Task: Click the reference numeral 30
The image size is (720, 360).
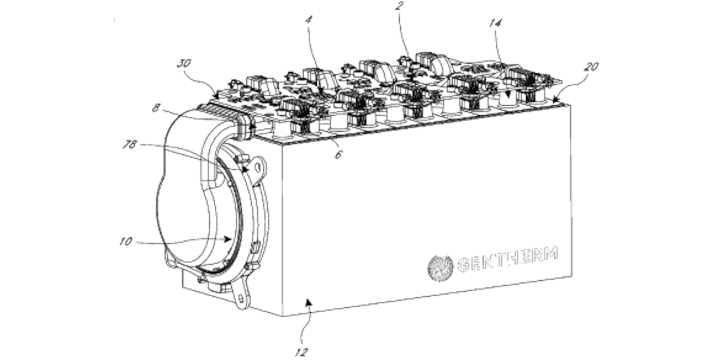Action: tap(185, 63)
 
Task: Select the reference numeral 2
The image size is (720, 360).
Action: tap(399, 6)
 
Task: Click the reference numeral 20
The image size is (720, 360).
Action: tap(591, 67)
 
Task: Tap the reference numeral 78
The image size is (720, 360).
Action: tap(131, 145)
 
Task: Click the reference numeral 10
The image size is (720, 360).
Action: tap(125, 241)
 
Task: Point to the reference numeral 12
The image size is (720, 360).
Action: tap(301, 353)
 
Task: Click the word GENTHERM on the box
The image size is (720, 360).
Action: tap(508, 260)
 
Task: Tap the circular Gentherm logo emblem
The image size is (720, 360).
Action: tap(440, 268)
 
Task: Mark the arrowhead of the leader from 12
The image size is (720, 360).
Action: tap(309, 301)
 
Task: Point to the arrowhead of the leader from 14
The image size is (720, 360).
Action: tap(507, 95)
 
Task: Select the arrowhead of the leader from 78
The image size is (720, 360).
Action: tap(246, 169)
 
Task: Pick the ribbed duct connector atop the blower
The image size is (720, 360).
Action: tap(225, 114)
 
